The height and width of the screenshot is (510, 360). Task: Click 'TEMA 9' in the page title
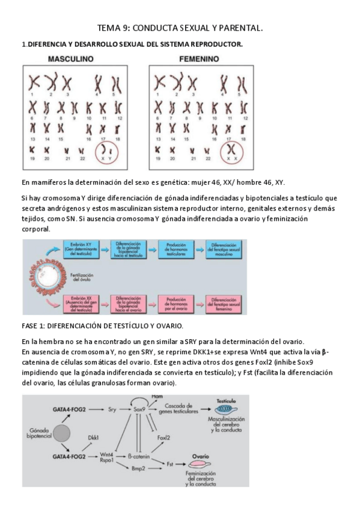(x=112, y=28)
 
